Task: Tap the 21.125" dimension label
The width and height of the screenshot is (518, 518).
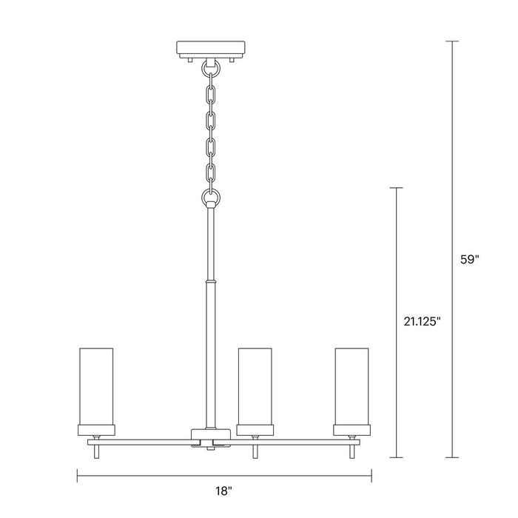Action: coord(419,321)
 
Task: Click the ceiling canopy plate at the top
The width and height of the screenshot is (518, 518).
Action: coord(210,50)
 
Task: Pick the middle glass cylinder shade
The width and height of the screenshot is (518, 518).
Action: coord(254,384)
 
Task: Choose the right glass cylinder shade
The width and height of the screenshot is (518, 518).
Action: coord(351,384)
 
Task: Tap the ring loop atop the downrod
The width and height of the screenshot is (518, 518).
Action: coord(210,198)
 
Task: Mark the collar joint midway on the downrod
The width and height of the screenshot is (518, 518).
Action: coord(210,282)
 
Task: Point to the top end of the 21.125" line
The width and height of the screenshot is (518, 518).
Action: coord(397,189)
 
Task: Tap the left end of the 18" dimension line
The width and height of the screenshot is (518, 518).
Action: coord(78,475)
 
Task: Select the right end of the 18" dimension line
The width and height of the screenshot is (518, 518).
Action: coord(371,475)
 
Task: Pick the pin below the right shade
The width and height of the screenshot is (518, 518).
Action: coord(351,451)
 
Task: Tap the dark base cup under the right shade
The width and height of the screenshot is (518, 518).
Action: coord(351,428)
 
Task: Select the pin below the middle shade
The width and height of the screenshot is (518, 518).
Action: coord(254,451)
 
